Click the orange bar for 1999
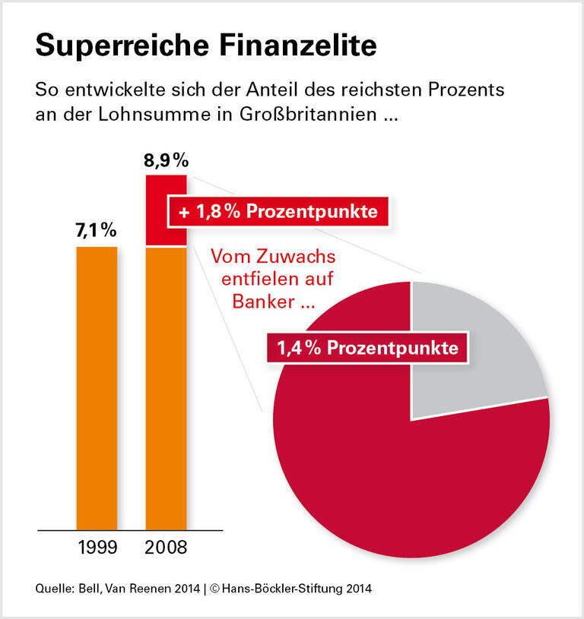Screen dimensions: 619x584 coord(97,387)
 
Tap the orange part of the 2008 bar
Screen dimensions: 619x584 coord(166,387)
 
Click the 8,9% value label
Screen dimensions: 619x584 coord(167,161)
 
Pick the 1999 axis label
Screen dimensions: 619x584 coord(97,547)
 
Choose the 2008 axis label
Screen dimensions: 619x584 coord(167,547)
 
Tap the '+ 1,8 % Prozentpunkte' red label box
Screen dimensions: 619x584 coord(278,212)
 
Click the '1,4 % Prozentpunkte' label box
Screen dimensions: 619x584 coord(367,348)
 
